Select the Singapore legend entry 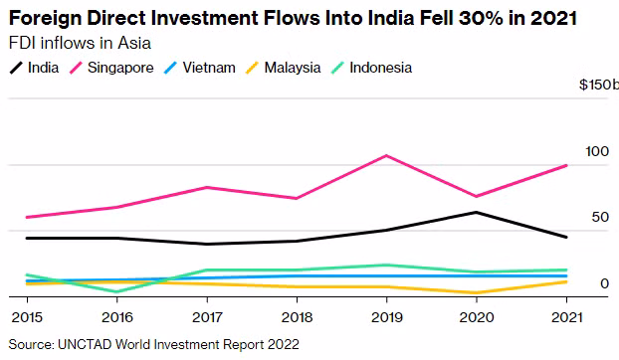click(x=112, y=68)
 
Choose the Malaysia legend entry click(x=285, y=68)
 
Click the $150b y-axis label click(x=598, y=87)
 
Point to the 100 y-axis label click(x=596, y=151)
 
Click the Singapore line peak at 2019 click(x=386, y=155)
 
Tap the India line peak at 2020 click(x=477, y=212)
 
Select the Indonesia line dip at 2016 click(x=116, y=291)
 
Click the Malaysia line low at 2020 click(x=477, y=293)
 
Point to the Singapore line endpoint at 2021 click(x=566, y=165)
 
